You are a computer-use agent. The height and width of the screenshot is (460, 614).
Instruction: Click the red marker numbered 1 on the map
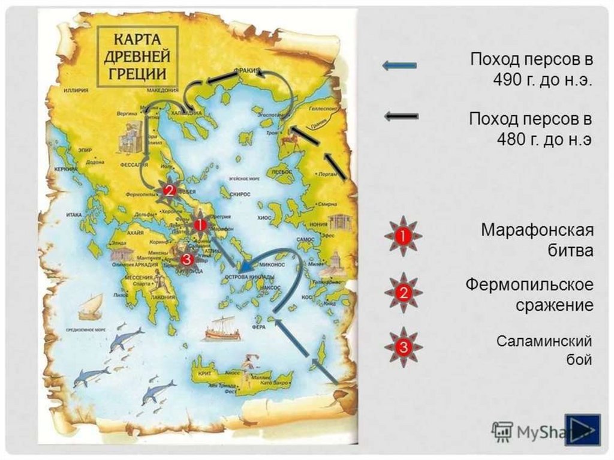[x=201, y=225]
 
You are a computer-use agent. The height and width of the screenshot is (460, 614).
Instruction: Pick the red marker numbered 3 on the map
[x=186, y=259]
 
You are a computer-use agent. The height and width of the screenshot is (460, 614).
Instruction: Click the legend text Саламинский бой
[x=544, y=350]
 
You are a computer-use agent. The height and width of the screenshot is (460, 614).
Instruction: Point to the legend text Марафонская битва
[x=537, y=240]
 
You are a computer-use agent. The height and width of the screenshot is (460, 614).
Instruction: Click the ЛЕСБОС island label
[x=281, y=172]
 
